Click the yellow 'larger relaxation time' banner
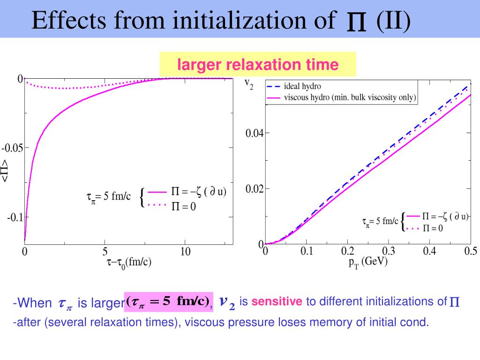point(257,64)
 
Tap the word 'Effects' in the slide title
point(65,21)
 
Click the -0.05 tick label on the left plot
point(12,148)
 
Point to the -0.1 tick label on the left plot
point(15,217)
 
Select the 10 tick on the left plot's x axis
point(186,252)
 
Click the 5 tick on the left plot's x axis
point(105,252)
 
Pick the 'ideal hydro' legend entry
point(302,87)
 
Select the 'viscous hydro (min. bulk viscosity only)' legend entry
point(350,98)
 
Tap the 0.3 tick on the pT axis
point(389,252)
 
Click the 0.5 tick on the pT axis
point(471,252)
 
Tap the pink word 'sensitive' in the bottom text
point(277,301)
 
